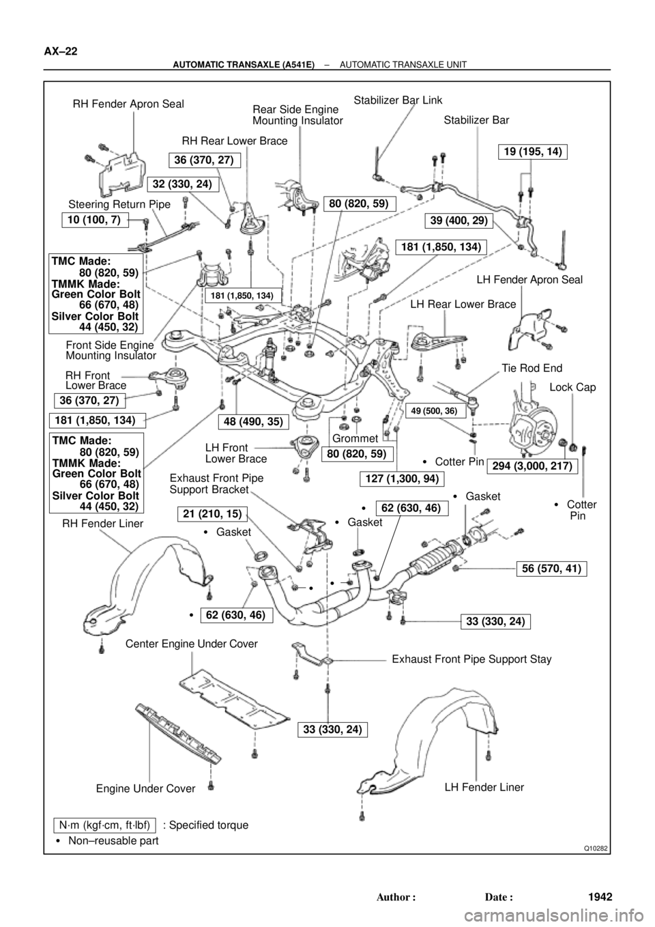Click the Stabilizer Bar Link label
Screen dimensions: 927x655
[x=398, y=100]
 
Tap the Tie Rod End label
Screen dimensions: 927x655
[x=532, y=368]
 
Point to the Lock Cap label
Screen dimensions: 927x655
[x=572, y=387]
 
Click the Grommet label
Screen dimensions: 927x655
[x=355, y=438]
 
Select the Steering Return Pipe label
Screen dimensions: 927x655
[x=119, y=204]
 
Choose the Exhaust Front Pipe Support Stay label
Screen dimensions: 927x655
[x=471, y=659]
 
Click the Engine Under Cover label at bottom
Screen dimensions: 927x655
[x=145, y=788]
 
